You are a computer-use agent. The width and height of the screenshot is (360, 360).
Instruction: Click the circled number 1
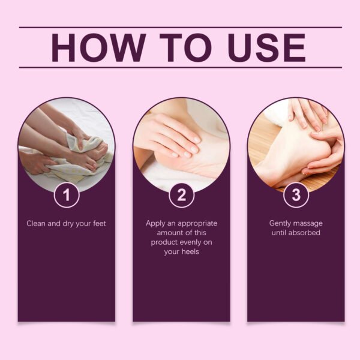point(67,194)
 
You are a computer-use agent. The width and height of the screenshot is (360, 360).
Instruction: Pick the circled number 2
point(181,194)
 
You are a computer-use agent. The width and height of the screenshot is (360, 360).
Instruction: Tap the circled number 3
point(296,194)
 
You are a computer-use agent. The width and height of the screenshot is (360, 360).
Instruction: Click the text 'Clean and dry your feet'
point(67,223)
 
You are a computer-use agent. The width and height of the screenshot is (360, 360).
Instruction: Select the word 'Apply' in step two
point(156,223)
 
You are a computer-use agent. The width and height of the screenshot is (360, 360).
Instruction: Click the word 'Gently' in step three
point(281,223)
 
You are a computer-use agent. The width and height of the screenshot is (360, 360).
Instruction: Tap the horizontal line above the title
point(180,27)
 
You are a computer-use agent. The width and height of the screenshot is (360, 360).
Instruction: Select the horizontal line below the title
point(180,67)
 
